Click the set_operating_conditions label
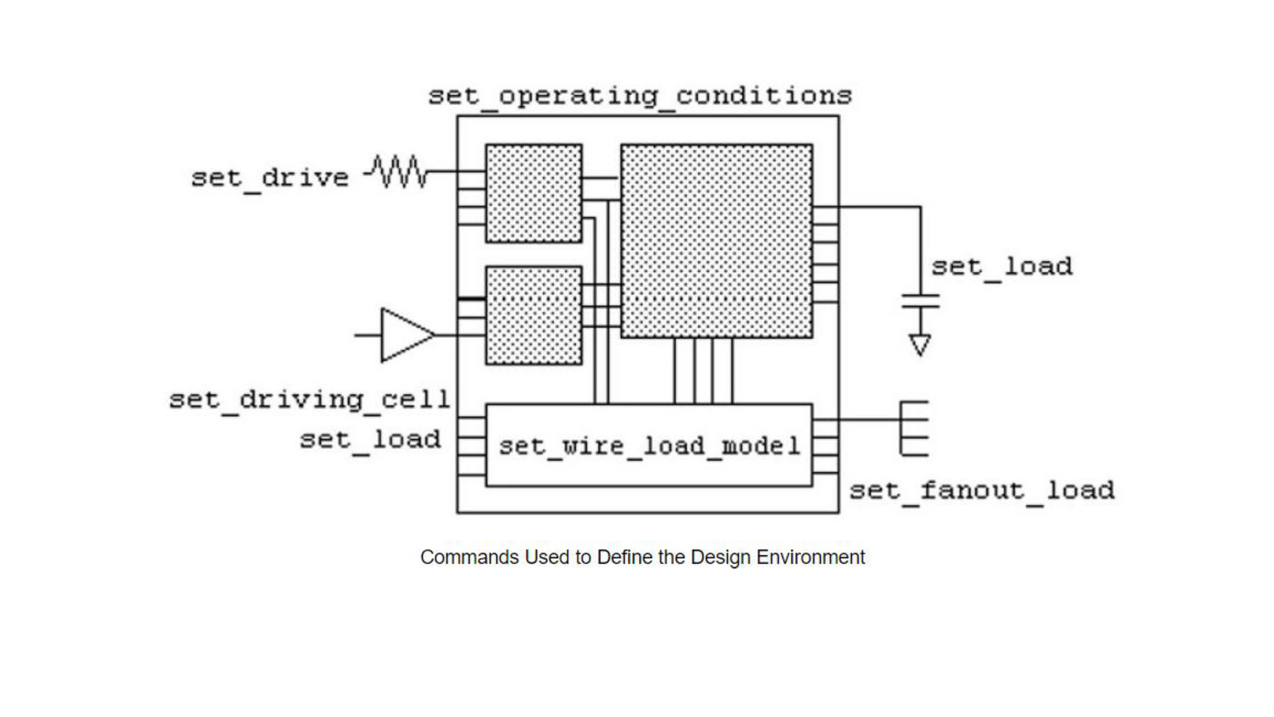click(x=640, y=97)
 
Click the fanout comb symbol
click(x=914, y=429)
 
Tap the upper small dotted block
click(x=533, y=193)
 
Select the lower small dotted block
click(x=533, y=316)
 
